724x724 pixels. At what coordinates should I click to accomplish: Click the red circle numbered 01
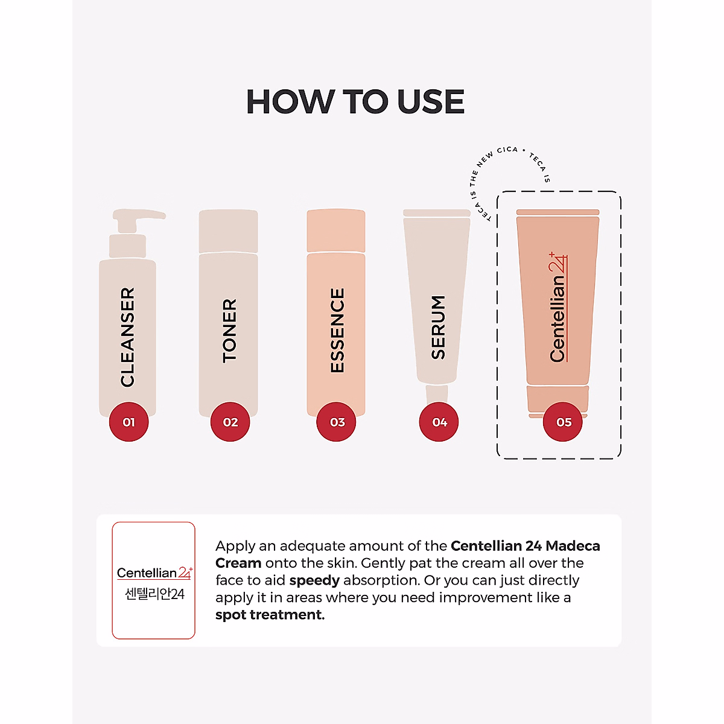coord(129,422)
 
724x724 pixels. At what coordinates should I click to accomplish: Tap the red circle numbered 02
coord(230,422)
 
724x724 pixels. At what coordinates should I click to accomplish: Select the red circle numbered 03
coord(337,422)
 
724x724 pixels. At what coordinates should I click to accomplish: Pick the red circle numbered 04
coord(439,422)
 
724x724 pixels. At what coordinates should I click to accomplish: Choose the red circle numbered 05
coord(564,422)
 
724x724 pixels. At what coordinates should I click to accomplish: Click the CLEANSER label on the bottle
coord(127,337)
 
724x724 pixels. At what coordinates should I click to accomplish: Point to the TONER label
coord(230,330)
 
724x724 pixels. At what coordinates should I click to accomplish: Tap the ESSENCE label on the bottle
coord(337,330)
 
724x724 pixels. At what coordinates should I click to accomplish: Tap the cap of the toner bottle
coord(228,231)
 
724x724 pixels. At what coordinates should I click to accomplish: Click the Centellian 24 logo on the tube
coord(558,308)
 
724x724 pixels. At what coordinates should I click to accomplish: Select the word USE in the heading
coord(431,101)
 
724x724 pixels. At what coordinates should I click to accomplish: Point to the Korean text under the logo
coord(154,594)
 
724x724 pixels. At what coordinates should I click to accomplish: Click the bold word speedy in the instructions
coord(314,580)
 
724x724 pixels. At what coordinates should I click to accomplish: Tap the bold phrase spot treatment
coord(270,615)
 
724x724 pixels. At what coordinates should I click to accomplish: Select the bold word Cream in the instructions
coord(238,563)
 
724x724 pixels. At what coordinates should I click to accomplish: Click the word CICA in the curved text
coord(507,150)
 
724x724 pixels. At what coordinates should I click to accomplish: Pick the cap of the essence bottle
coord(336,231)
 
